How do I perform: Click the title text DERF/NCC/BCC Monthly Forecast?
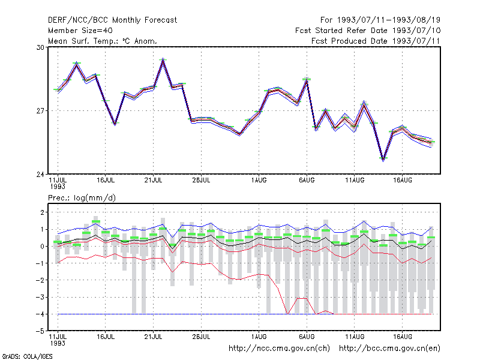(112, 20)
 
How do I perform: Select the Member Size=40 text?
(80, 31)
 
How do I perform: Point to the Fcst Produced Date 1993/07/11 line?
(376, 41)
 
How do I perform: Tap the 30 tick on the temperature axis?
(40, 47)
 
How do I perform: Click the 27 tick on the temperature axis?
(40, 111)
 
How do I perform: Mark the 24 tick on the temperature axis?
(40, 175)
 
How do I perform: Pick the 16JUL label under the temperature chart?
(106, 181)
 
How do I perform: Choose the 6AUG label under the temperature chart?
(307, 181)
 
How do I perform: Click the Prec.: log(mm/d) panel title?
(82, 198)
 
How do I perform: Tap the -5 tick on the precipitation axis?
(40, 331)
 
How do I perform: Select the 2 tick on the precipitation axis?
(42, 212)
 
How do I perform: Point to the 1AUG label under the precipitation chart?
(259, 337)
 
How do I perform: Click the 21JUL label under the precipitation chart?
(154, 337)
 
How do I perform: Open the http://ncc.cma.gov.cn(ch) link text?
(279, 349)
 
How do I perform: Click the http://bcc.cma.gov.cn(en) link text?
(389, 349)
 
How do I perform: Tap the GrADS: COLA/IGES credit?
(28, 356)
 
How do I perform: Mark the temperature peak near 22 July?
(163, 59)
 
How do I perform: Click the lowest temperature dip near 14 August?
(383, 159)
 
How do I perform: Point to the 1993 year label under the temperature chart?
(58, 187)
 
